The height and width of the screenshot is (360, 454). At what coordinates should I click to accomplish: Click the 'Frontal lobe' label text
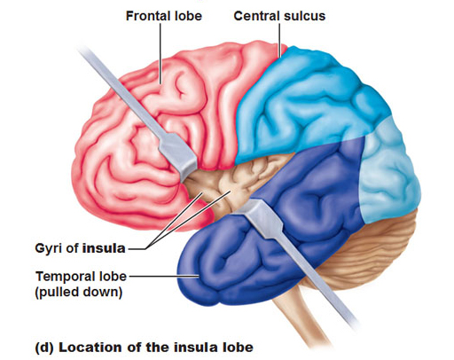164,16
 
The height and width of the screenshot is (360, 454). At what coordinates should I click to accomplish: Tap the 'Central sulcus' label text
279,16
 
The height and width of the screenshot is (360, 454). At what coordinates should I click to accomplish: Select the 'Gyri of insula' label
80,248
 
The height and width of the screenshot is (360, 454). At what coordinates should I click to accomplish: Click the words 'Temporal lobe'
81,277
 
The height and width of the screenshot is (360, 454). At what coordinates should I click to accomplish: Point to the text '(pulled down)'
79,293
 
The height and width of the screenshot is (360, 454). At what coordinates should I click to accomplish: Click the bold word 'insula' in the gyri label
104,248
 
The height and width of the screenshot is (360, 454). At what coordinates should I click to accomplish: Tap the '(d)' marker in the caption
44,348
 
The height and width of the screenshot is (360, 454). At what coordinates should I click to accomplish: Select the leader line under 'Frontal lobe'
160,53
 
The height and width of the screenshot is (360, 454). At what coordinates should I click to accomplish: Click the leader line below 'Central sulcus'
279,40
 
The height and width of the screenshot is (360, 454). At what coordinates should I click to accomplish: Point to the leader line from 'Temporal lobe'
163,277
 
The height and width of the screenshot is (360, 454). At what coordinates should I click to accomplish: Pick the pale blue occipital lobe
390,171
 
